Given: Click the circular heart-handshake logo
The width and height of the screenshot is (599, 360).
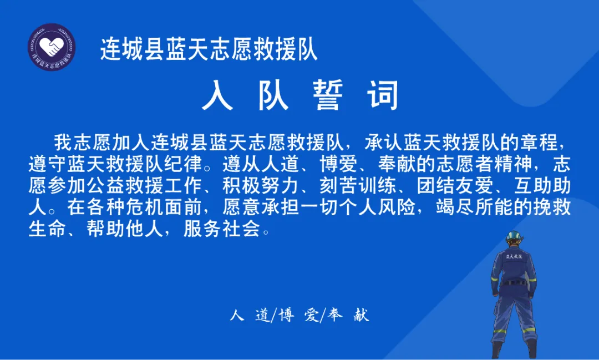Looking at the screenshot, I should (x=52, y=47).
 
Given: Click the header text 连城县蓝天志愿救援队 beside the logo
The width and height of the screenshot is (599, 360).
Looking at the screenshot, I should (x=209, y=49).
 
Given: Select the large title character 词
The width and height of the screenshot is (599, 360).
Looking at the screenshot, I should (x=382, y=95).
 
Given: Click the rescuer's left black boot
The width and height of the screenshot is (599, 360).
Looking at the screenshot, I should (x=497, y=349).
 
